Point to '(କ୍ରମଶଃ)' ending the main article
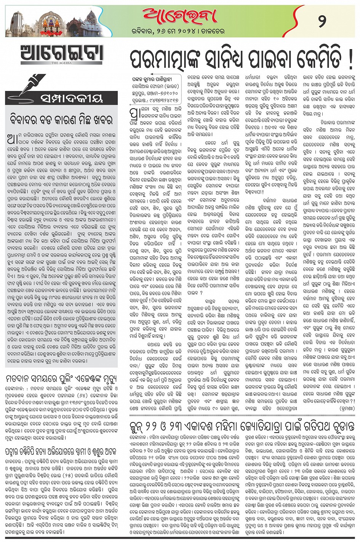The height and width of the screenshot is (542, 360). point(345,407)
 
